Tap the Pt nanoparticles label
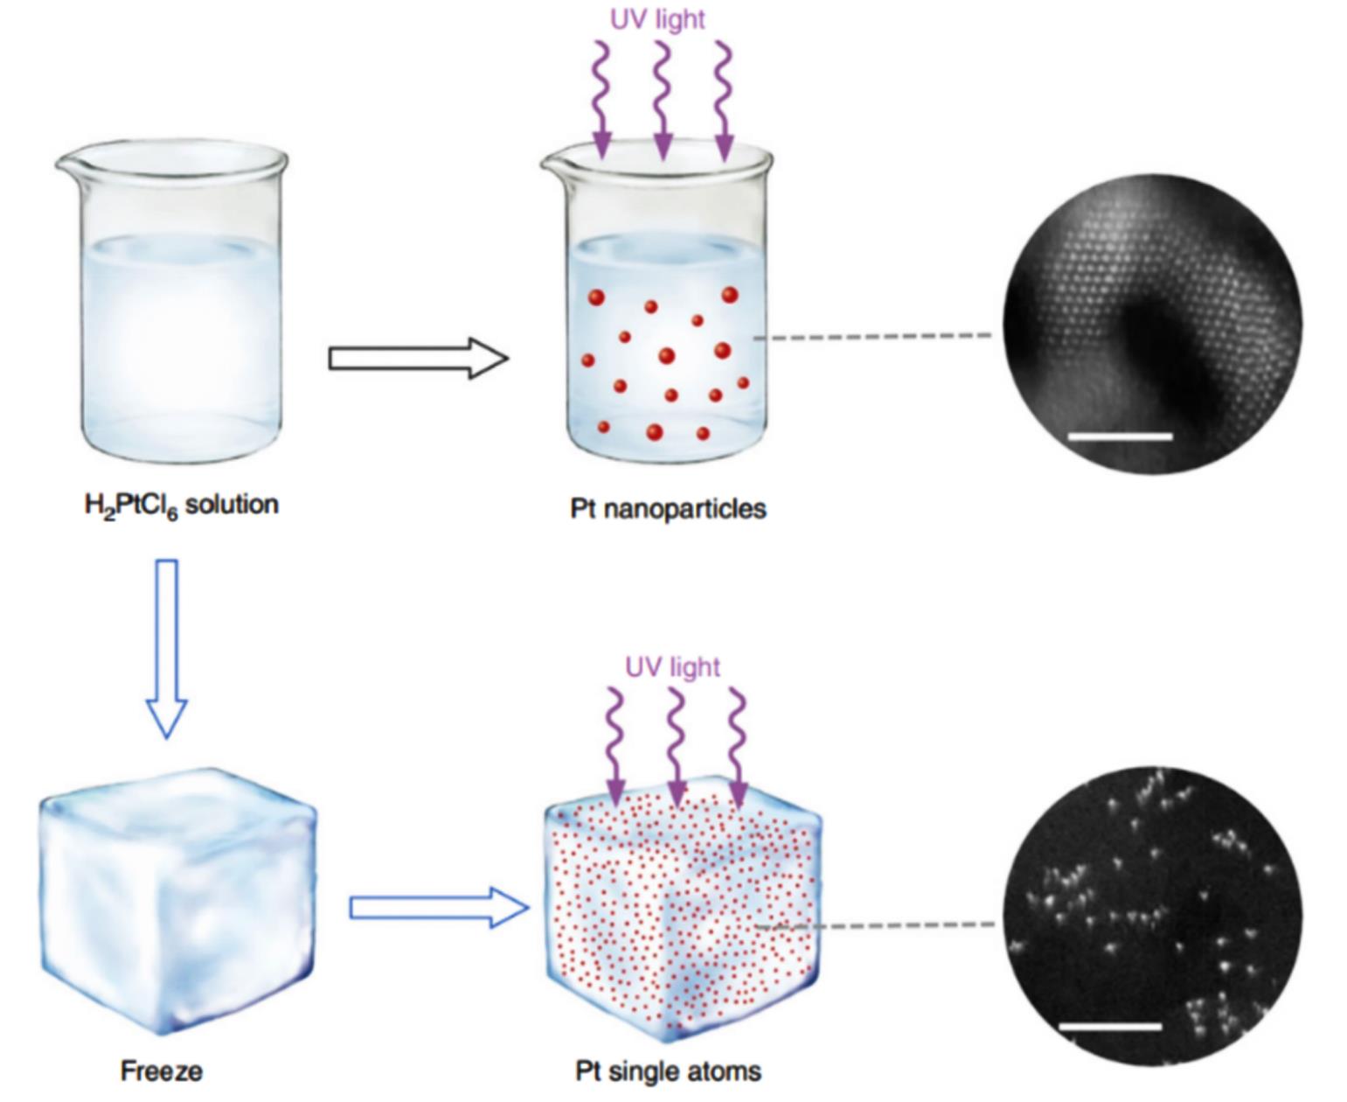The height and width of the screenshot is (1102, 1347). [668, 509]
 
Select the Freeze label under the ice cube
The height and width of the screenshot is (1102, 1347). [162, 1070]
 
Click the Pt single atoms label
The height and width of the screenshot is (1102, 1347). [668, 1071]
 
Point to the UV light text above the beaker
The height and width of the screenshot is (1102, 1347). [657, 19]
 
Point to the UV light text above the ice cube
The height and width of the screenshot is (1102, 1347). [672, 666]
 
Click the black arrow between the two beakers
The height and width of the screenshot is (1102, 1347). [419, 358]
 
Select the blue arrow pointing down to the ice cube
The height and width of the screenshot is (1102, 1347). [167, 649]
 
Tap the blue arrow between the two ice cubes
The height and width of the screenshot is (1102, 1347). [440, 908]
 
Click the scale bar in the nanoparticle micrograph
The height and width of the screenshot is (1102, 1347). [1121, 436]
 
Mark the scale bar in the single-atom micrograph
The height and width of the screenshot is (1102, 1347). [1109, 1027]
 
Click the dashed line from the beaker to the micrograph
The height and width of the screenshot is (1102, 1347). [873, 336]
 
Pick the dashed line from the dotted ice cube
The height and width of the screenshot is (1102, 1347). [875, 925]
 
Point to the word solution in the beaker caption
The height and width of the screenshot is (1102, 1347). [232, 505]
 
